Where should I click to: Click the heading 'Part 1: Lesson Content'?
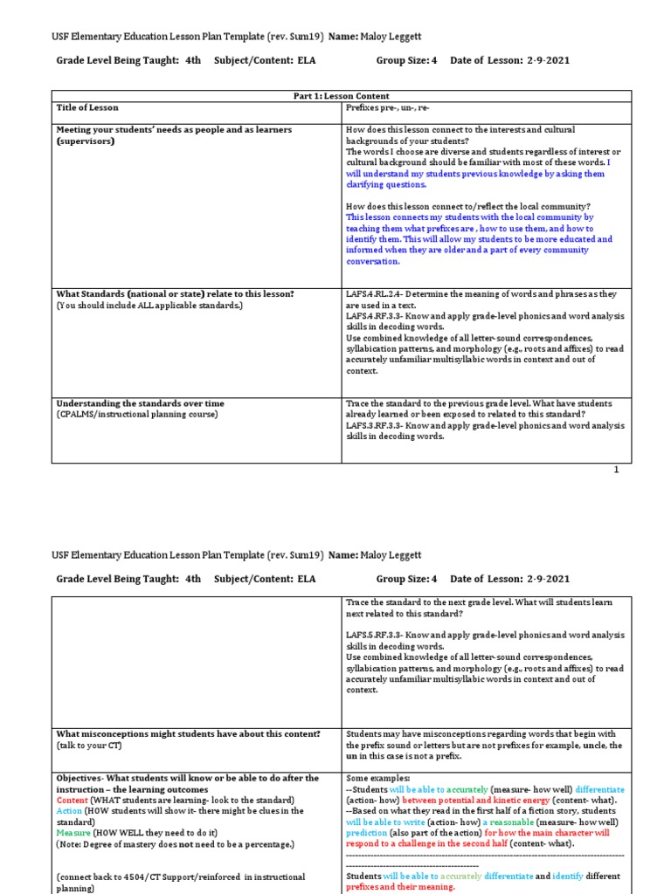coord(341,96)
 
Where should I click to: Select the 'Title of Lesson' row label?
coord(87,107)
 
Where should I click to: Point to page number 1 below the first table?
coord(616,470)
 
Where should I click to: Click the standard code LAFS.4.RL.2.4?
coord(378,294)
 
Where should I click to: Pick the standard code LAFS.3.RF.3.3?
coord(377,425)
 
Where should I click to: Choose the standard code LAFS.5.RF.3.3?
coord(377,635)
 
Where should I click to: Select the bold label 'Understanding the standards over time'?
coord(140,403)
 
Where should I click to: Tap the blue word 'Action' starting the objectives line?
coord(70,811)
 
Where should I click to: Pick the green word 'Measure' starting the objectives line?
coord(74,833)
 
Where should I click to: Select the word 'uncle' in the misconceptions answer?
coord(593,746)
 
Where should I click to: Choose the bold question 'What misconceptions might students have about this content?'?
coord(188,734)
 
